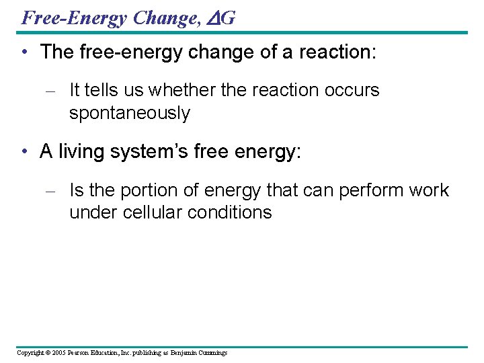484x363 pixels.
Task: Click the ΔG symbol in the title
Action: pos(227,17)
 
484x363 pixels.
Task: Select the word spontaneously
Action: pos(130,113)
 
